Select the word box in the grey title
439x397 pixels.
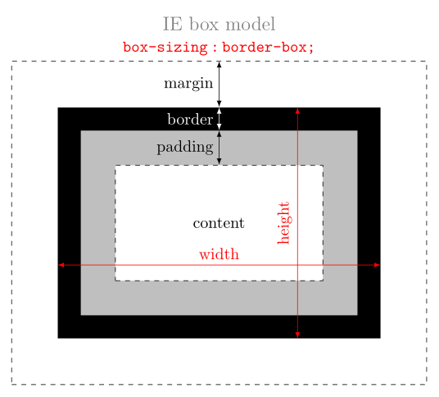click(x=204, y=25)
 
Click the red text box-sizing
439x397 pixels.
click(x=165, y=48)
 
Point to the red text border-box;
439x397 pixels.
click(x=268, y=48)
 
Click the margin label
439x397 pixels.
click(x=188, y=84)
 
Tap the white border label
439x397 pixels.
click(x=190, y=120)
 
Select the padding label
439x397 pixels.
click(x=185, y=147)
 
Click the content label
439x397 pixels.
click(x=219, y=223)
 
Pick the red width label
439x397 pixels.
click(x=219, y=254)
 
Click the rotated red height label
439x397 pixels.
click(x=283, y=223)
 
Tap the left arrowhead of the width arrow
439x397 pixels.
click(x=61, y=265)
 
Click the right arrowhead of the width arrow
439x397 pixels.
click(x=377, y=265)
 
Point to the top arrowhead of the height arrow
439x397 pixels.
click(x=297, y=111)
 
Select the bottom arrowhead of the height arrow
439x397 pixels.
click(x=297, y=335)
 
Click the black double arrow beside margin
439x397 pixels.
click(x=219, y=84)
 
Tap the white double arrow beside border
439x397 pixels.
click(x=219, y=119)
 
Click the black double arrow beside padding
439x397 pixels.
click(x=219, y=148)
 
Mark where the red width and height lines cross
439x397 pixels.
click(x=297, y=265)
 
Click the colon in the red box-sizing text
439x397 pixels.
click(x=215, y=48)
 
